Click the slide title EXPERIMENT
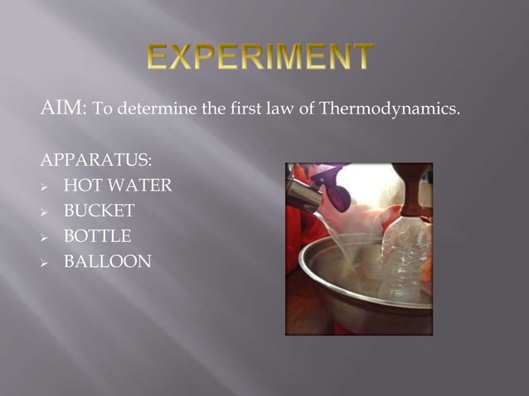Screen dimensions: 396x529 coord(260,58)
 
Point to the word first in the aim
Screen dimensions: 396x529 coord(250,109)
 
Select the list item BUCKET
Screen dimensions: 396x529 coord(99,211)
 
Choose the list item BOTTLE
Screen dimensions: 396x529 coord(97,237)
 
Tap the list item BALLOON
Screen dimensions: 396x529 coord(107,263)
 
